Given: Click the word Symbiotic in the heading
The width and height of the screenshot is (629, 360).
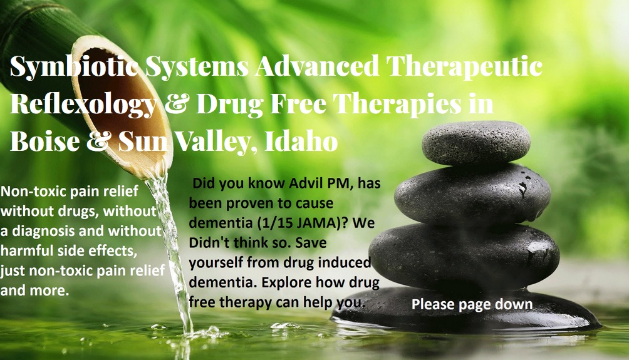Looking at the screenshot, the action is point(75,67).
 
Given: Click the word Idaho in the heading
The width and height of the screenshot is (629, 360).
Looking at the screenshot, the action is point(301,140).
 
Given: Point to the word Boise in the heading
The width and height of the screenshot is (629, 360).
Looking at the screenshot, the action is point(44,141).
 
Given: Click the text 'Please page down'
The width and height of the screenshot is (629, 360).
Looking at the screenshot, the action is point(472,305).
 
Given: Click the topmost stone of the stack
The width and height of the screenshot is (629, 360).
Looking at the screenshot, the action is point(477,143).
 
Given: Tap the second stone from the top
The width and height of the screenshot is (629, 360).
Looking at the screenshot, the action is point(473,195).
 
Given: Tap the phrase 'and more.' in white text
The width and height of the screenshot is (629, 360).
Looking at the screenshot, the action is point(34,291).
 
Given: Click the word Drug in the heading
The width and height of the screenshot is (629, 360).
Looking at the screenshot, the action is point(229,104).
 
